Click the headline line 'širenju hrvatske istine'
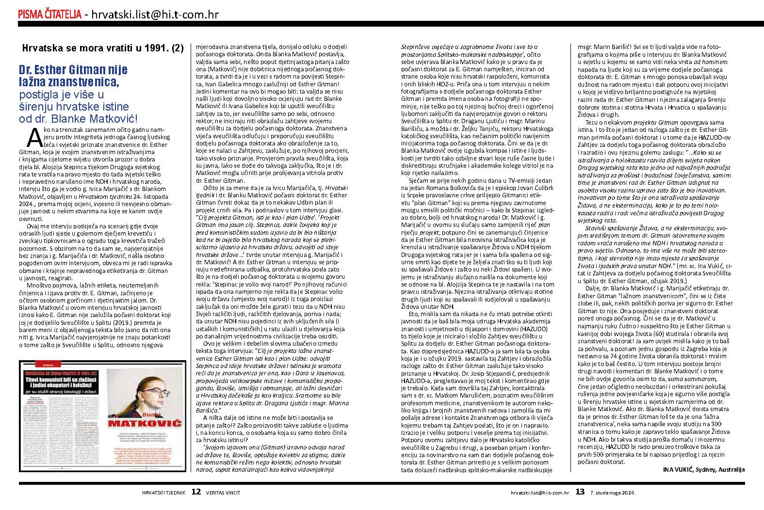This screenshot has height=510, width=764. coord(74,106)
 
